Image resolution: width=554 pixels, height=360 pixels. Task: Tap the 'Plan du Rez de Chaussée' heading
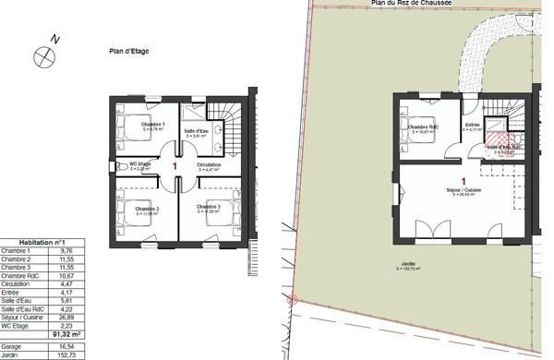pyautogui.click(x=411, y=4)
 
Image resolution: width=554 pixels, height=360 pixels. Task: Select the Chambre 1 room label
pyautogui.click(x=153, y=125)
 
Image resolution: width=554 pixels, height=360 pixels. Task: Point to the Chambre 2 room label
pyautogui.click(x=151, y=210)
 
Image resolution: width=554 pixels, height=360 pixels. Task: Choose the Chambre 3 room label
pyautogui.click(x=209, y=207)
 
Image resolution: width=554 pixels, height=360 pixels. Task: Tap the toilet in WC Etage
pyautogui.click(x=123, y=167)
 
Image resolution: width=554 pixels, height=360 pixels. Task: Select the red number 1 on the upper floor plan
pyautogui.click(x=175, y=164)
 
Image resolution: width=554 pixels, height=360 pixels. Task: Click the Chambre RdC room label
pyautogui.click(x=422, y=126)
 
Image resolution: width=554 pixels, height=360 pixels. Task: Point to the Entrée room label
pyautogui.click(x=473, y=125)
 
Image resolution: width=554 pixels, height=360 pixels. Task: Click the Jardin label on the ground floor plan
pyautogui.click(x=408, y=265)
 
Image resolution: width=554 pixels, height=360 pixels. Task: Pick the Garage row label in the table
pyautogui.click(x=12, y=345)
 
